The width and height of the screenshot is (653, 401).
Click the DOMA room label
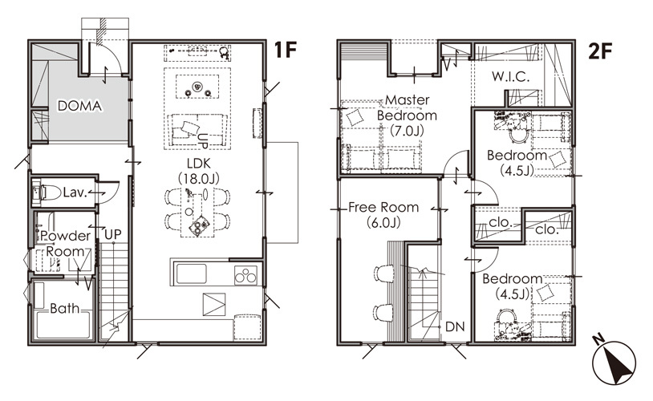(79, 106)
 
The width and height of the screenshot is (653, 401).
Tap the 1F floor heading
(286, 51)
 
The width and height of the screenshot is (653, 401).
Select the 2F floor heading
(600, 51)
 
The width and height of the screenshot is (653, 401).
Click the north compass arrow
(614, 363)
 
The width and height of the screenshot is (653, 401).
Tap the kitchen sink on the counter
(191, 273)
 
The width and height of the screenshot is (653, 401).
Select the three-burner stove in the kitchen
(245, 275)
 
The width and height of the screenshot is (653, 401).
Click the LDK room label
(199, 164)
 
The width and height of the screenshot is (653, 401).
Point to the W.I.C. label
(510, 77)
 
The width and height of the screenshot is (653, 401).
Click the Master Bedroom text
(407, 107)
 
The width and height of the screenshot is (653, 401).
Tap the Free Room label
(383, 207)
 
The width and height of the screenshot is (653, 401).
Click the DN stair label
(455, 327)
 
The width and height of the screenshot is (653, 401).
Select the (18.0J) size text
(199, 179)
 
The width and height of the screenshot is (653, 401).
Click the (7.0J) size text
(407, 131)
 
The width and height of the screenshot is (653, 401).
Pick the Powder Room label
(66, 244)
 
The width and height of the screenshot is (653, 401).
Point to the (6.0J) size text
(383, 222)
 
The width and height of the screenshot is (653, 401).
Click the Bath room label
(64, 309)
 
